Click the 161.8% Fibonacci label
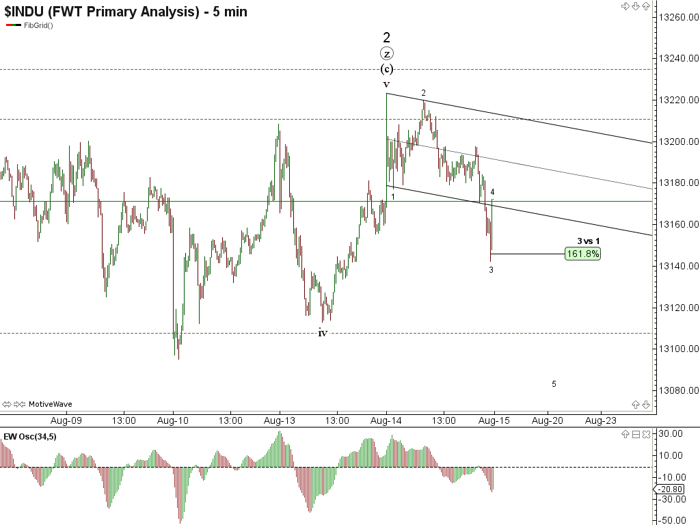coord(582,254)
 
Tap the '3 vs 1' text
coord(589,241)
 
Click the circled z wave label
coord(387,54)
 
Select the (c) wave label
coord(387,69)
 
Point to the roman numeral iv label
coord(323,333)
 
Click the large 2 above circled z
coord(387,38)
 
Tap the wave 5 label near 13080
coord(554,384)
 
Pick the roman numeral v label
coord(386,84)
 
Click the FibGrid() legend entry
coord(38,25)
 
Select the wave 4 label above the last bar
coord(492,192)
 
